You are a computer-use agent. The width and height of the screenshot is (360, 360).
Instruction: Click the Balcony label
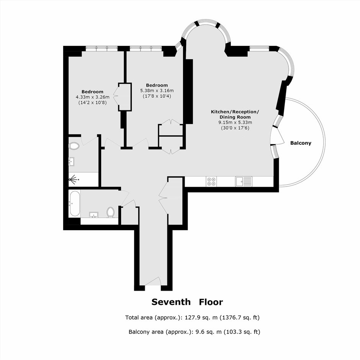tap(301, 143)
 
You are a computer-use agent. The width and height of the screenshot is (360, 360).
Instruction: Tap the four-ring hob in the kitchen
tap(211, 182)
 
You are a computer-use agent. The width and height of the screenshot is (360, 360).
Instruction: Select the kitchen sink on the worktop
tap(244, 182)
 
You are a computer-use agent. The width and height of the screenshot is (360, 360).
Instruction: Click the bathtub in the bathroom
tap(75, 204)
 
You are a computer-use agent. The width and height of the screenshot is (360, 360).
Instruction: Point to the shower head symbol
tap(74, 179)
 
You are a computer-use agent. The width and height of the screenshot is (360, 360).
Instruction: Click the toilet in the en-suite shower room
tap(74, 146)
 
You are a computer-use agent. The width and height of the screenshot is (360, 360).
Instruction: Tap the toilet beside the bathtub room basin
tap(110, 212)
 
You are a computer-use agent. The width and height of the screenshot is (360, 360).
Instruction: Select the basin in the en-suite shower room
tap(72, 161)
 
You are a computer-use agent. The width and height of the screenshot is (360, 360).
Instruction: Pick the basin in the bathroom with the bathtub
tap(94, 215)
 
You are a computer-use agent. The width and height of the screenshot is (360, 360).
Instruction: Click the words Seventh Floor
tap(187, 302)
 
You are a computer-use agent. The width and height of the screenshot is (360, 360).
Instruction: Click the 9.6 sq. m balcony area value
tap(206, 332)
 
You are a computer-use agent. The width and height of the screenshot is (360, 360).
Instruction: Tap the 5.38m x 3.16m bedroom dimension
tap(157, 91)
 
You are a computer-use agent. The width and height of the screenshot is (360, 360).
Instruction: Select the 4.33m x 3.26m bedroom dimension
tap(93, 97)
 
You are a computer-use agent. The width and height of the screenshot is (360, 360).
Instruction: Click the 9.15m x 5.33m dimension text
tap(235, 123)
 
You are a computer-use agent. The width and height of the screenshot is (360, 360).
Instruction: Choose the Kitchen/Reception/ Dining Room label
tap(235, 115)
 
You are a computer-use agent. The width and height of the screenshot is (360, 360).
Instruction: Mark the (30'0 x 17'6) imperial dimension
tap(235, 128)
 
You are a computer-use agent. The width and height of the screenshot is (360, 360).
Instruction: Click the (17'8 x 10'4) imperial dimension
tap(157, 96)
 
